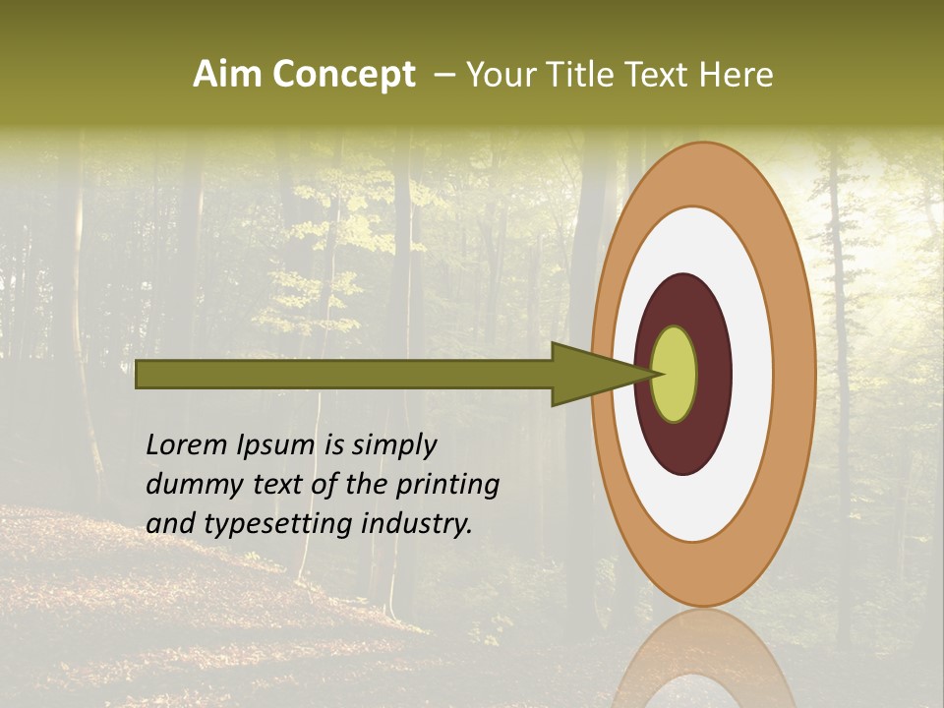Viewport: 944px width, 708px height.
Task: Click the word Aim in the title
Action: pyautogui.click(x=228, y=75)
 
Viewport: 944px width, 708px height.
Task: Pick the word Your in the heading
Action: pyautogui.click(x=501, y=75)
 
